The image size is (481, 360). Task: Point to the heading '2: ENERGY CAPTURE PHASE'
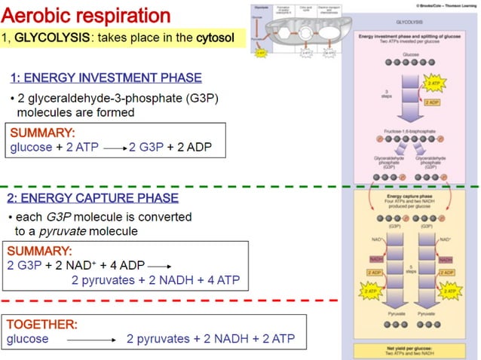click(93, 198)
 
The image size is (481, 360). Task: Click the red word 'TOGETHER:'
click(41, 325)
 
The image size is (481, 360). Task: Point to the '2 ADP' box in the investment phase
click(432, 102)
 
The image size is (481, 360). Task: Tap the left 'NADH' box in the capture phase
click(376, 259)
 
